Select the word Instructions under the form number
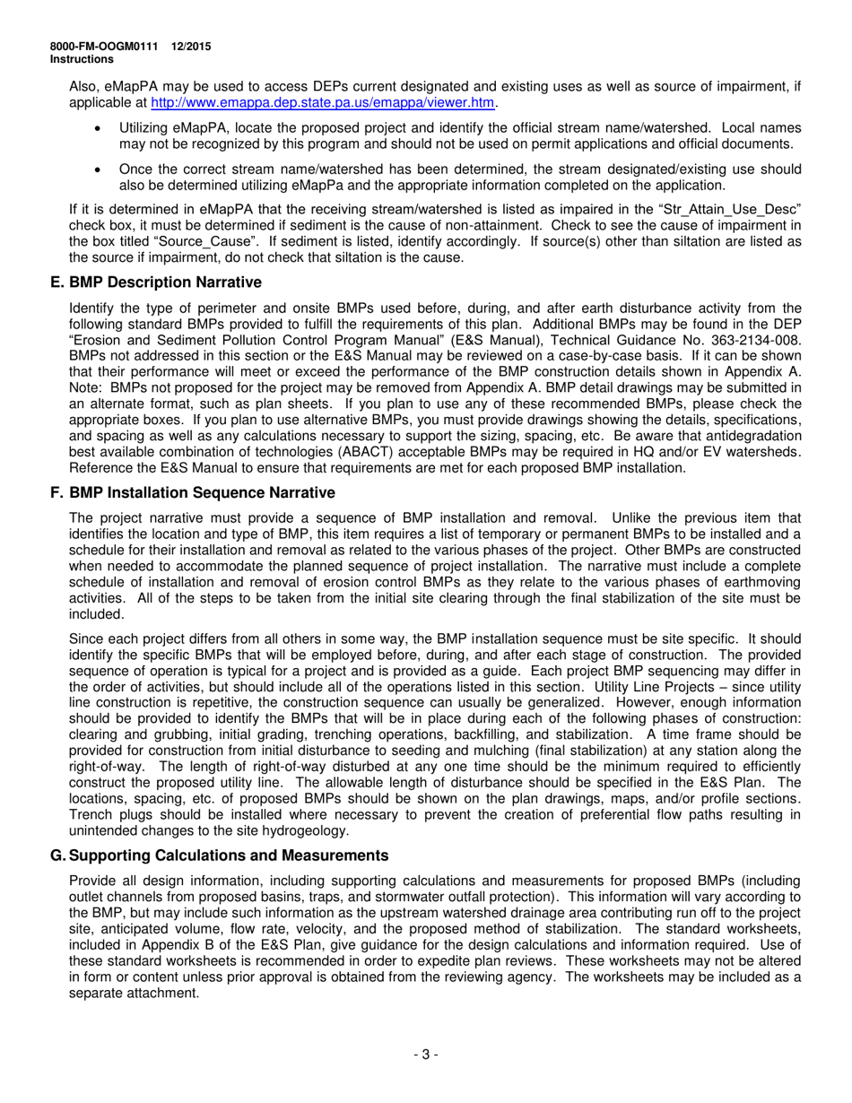coord(82,59)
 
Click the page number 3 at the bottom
coord(426,1054)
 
